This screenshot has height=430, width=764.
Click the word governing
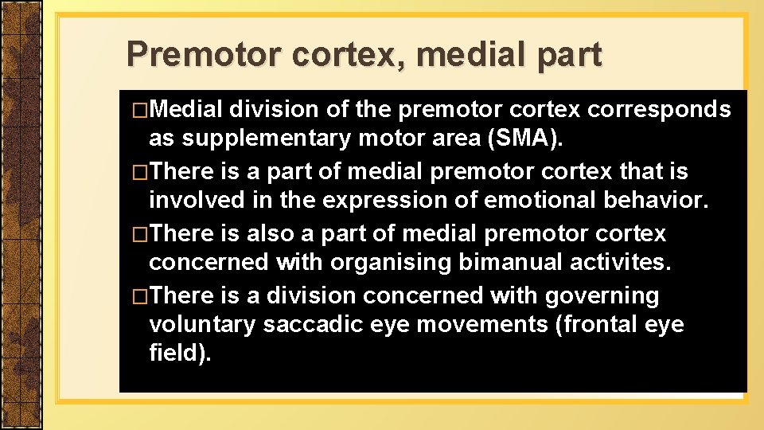pyautogui.click(x=602, y=295)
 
